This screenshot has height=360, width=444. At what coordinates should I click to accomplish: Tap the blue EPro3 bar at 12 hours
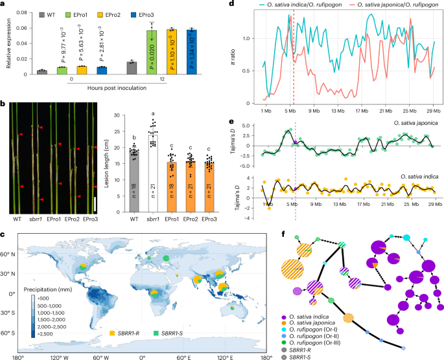tap(192, 51)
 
